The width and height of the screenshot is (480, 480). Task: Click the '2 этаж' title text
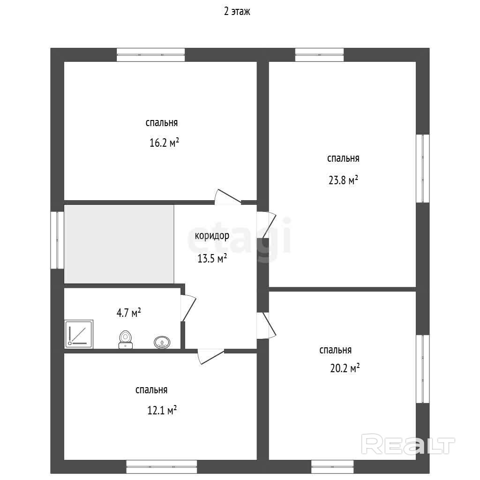point(237,12)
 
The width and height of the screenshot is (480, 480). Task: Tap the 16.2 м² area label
point(164,142)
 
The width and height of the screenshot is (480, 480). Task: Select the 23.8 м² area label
point(343,180)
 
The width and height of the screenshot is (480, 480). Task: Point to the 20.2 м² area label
point(345,367)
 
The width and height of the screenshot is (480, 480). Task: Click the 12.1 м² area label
point(162,410)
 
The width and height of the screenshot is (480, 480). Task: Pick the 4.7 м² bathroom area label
point(128,313)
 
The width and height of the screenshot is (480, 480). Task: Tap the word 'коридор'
point(212,236)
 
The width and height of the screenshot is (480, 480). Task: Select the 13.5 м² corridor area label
point(212,259)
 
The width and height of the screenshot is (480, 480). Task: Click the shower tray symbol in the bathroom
point(79,334)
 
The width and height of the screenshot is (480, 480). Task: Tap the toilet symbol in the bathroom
point(126,340)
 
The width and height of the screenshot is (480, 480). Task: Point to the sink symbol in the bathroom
point(162,342)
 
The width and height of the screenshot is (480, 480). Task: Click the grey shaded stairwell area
point(119,244)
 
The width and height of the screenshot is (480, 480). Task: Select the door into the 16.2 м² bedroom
point(228,197)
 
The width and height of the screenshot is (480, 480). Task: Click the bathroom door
point(188,308)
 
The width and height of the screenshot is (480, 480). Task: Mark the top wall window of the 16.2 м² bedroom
point(151,55)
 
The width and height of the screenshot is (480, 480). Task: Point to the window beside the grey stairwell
point(57,240)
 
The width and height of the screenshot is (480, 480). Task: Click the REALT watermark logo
point(408,444)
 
